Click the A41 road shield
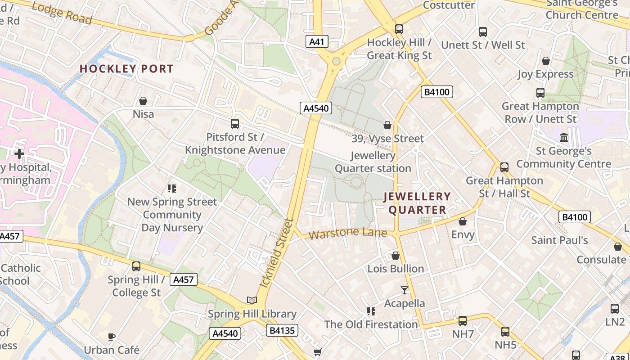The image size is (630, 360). pyautogui.click(x=317, y=42)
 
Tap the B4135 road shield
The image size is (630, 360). pyautogui.click(x=282, y=331)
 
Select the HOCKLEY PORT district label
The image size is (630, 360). pyautogui.click(x=126, y=69)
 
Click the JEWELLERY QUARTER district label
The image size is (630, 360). pyautogui.click(x=417, y=203)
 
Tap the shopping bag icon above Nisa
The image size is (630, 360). pyautogui.click(x=143, y=101)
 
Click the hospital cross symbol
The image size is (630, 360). pyautogui.click(x=19, y=154)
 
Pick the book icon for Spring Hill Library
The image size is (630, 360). pyautogui.click(x=252, y=300)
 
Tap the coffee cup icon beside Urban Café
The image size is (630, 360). pyautogui.click(x=112, y=336)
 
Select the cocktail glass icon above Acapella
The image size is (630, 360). pyautogui.click(x=404, y=290)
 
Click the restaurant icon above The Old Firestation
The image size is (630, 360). pyautogui.click(x=371, y=311)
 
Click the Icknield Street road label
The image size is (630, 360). pyautogui.click(x=277, y=253)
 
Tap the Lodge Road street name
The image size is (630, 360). pyautogui.click(x=62, y=13)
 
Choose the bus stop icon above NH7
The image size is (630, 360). pyautogui.click(x=463, y=321)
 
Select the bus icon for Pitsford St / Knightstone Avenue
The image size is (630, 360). pyautogui.click(x=234, y=124)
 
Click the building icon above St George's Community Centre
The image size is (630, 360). pyautogui.click(x=563, y=137)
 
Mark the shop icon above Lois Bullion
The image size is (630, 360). pyautogui.click(x=396, y=256)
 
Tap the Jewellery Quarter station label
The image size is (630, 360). pyautogui.click(x=373, y=162)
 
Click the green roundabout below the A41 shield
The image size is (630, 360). pyautogui.click(x=336, y=61)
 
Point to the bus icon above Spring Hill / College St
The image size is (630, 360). pyautogui.click(x=136, y=266)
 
